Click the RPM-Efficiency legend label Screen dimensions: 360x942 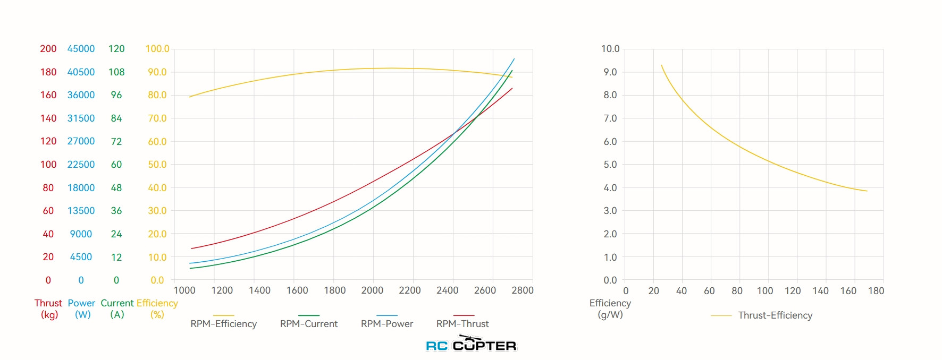click(x=223, y=324)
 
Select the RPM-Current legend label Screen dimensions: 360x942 click(x=309, y=324)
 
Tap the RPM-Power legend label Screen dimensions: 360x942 click(x=387, y=324)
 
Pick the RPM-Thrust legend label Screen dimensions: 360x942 click(x=462, y=324)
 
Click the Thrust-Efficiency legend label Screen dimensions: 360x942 click(x=775, y=315)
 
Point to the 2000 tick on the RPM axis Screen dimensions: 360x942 click(x=372, y=290)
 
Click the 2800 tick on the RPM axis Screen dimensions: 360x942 click(x=522, y=290)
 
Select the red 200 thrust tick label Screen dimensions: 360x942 click(x=48, y=49)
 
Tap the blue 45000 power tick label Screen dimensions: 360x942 click(x=81, y=49)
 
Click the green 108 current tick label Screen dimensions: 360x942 click(x=116, y=72)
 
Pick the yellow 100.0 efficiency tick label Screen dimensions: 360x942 click(x=157, y=49)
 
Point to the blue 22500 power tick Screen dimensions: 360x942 click(x=81, y=165)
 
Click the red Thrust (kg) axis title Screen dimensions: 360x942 click(x=48, y=308)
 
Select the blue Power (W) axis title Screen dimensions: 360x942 click(x=82, y=308)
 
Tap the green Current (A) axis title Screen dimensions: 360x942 click(x=117, y=308)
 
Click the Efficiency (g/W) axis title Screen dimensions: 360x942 click(x=610, y=308)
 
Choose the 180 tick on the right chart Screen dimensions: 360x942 click(x=876, y=291)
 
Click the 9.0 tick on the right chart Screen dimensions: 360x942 click(x=610, y=72)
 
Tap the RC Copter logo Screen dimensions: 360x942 click(x=471, y=345)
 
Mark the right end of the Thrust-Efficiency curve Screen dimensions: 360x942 click(x=867, y=191)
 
